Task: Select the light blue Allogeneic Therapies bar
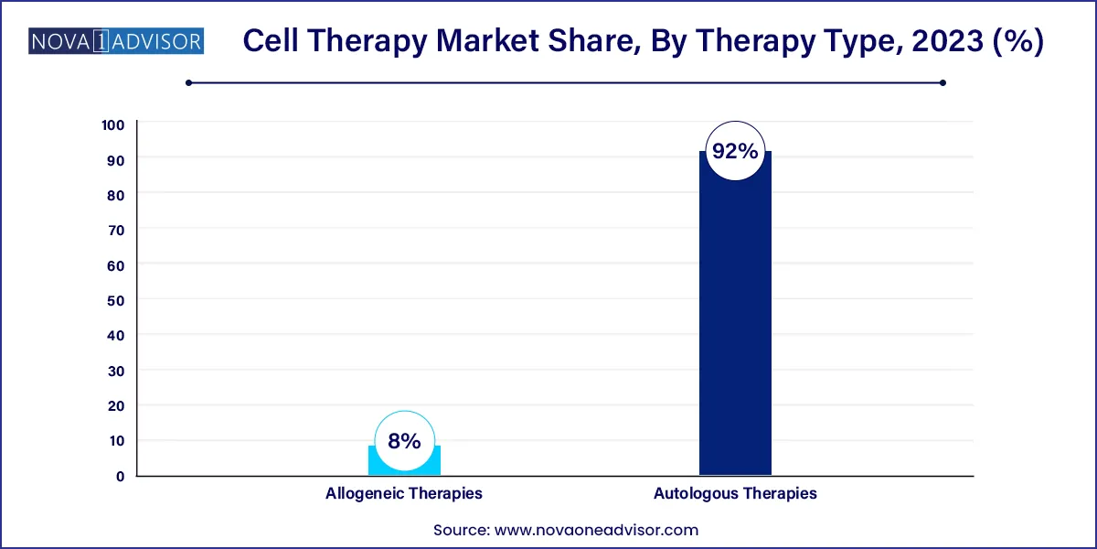click(404, 463)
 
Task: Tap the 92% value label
click(735, 152)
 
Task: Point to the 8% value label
click(404, 441)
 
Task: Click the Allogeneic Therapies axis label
click(404, 493)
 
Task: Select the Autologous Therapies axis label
click(735, 493)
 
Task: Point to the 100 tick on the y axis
click(113, 124)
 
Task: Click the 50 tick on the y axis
click(117, 300)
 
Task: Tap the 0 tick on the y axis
click(121, 476)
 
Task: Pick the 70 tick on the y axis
click(117, 230)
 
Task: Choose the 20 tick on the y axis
click(117, 405)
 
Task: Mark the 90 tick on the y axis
click(117, 159)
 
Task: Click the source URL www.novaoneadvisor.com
click(596, 530)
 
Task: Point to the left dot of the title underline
click(188, 82)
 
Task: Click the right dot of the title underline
click(943, 82)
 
